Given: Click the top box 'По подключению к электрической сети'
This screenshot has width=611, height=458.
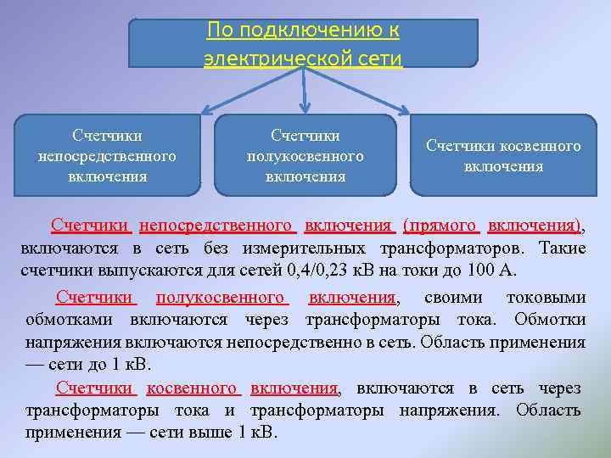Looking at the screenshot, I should [303, 43].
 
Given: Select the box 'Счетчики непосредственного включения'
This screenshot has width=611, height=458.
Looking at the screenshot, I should [107, 156].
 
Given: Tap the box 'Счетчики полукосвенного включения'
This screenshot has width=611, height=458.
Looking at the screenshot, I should [305, 156].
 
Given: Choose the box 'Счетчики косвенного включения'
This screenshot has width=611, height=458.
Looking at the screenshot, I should [503, 156].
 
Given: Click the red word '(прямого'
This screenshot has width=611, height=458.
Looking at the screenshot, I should [441, 226].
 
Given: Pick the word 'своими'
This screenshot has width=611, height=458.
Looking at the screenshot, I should [454, 298].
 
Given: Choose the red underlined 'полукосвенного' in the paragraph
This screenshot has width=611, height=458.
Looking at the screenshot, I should [221, 298].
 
